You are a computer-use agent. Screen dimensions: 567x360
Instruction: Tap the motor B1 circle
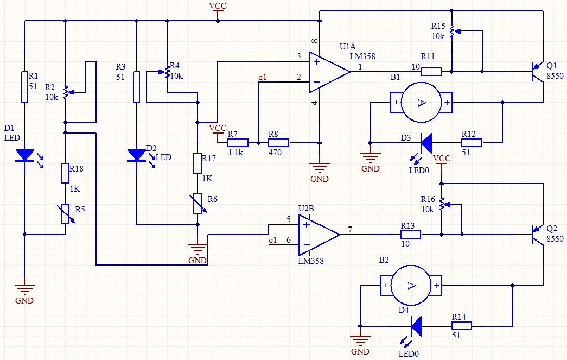tap(422, 103)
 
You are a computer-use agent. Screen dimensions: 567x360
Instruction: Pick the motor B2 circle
tap(411, 286)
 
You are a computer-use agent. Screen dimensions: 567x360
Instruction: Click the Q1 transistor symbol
tap(538, 72)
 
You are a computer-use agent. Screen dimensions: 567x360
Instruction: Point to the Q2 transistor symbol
tap(538, 235)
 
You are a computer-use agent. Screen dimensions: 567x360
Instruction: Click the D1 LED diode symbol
tap(25, 156)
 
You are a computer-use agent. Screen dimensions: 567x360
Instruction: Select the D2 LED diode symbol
tap(137, 156)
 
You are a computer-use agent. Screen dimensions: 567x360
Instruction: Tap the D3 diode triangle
tap(426, 143)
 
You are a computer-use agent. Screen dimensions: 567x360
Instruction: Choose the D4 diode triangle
tap(416, 326)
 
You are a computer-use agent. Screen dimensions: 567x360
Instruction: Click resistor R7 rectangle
tap(238, 143)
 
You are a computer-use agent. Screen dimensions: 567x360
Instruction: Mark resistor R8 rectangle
tap(278, 143)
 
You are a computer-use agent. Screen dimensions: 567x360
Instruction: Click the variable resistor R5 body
tap(65, 214)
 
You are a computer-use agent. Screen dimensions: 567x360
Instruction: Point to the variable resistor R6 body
tap(198, 204)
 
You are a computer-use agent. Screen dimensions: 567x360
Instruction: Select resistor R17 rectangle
tap(198, 163)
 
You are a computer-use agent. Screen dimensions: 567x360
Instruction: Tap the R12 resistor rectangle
tap(472, 143)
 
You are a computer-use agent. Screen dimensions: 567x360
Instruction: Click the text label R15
tap(438, 26)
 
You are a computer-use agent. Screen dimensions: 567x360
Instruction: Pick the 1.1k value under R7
tap(236, 153)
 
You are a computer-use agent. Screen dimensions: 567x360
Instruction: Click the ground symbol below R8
tap(320, 168)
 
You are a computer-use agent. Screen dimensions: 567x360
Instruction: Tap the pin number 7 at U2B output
tap(350, 229)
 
